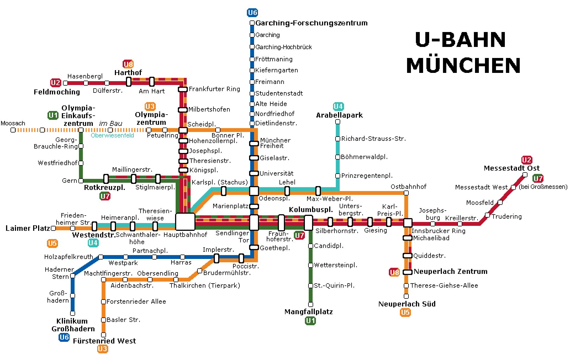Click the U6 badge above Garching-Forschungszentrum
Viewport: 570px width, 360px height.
pyautogui.click(x=252, y=13)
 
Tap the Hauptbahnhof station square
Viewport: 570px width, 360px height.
pyautogui.click(x=185, y=222)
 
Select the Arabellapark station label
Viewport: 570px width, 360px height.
pyautogui.click(x=339, y=115)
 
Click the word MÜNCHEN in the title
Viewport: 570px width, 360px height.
pyautogui.click(x=463, y=66)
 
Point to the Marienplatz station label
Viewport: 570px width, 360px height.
pyautogui.click(x=230, y=206)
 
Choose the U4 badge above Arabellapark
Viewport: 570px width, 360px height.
pyautogui.click(x=338, y=106)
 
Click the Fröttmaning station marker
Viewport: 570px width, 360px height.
pyautogui.click(x=252, y=59)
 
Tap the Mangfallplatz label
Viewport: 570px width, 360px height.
pyautogui.click(x=308, y=312)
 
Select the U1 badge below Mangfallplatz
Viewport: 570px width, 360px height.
pyautogui.click(x=310, y=321)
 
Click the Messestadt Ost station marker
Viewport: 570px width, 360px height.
pyautogui.click(x=525, y=175)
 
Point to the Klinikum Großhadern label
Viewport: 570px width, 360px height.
pyautogui.click(x=73, y=325)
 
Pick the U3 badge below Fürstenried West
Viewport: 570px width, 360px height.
pyautogui.click(x=102, y=349)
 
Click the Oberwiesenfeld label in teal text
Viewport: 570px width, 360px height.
pyautogui.click(x=112, y=136)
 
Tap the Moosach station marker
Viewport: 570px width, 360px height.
pyautogui.click(x=13, y=130)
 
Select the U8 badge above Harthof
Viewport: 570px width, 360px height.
pyautogui.click(x=128, y=64)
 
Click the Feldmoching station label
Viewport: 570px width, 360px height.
pyautogui.click(x=57, y=92)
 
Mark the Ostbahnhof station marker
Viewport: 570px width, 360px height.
pyautogui.click(x=406, y=193)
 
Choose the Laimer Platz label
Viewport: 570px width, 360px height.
pyautogui.click(x=28, y=228)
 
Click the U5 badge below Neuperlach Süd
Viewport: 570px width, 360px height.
pyautogui.click(x=405, y=313)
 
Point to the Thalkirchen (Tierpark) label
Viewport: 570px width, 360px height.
pyautogui.click(x=205, y=285)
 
